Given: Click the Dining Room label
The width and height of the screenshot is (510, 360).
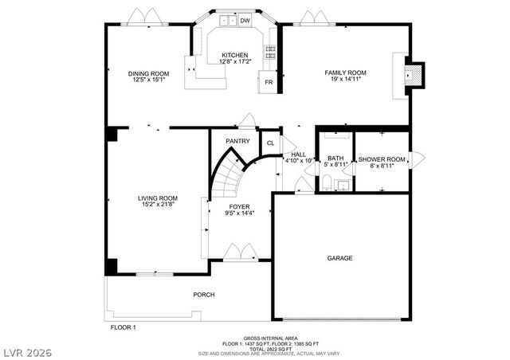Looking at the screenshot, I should pyautogui.click(x=148, y=76).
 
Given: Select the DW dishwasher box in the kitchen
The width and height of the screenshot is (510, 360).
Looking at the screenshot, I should pyautogui.click(x=245, y=21).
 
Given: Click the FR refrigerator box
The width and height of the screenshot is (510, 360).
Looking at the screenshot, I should pyautogui.click(x=269, y=82).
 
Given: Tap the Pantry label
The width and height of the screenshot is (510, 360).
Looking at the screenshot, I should pyautogui.click(x=237, y=141).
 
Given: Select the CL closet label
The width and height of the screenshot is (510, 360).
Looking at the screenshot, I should pyautogui.click(x=271, y=143).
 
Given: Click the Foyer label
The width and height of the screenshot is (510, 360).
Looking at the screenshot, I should pyautogui.click(x=240, y=209).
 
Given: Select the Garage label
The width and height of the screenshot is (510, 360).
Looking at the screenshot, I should pyautogui.click(x=339, y=258).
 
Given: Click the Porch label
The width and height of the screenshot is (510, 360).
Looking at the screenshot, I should pyautogui.click(x=203, y=295).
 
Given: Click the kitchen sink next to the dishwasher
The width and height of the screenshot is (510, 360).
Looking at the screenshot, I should pyautogui.click(x=229, y=22).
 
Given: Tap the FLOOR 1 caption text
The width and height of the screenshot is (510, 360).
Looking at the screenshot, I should pyautogui.click(x=123, y=327).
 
